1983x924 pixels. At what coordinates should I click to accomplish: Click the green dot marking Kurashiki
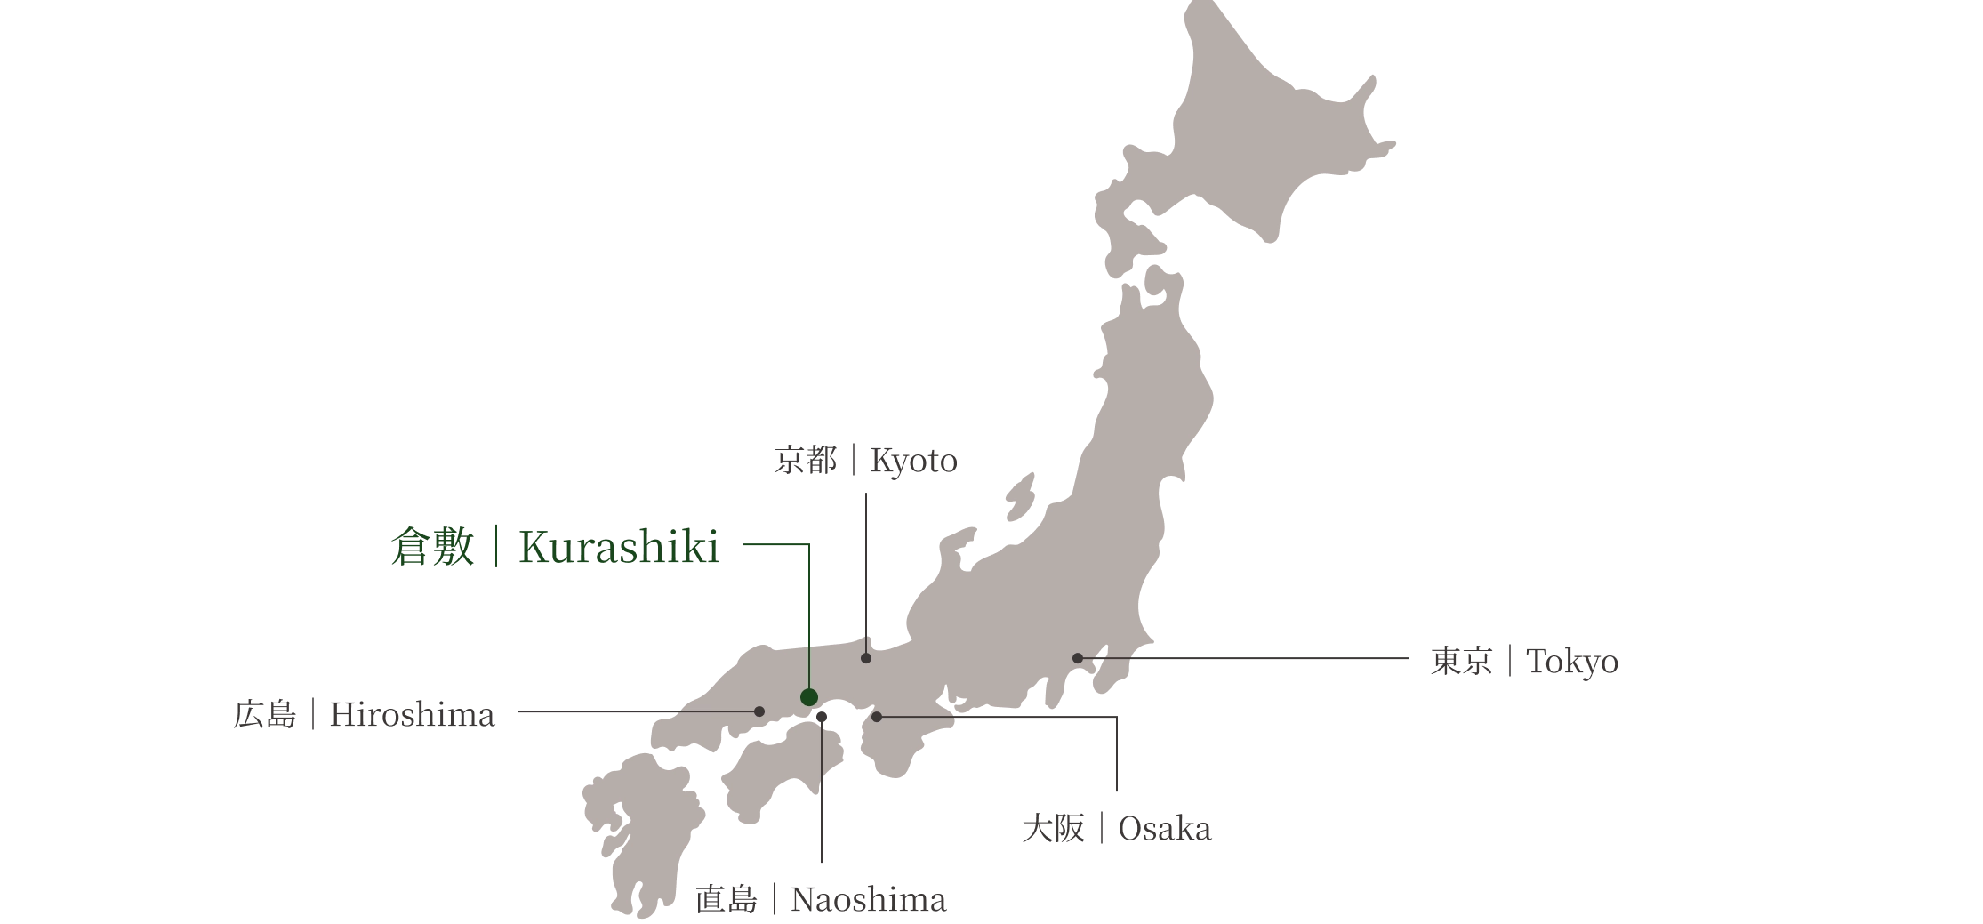pos(808,697)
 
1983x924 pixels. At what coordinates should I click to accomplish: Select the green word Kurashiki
pos(619,550)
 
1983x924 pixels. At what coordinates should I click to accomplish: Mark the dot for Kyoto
pos(866,658)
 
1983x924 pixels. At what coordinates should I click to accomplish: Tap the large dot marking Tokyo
pos(1078,658)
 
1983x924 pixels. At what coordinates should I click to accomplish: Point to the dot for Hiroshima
pos(759,711)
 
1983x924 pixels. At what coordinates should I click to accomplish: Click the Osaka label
pos(1116,832)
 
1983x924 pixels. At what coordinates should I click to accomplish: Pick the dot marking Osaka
pos(877,717)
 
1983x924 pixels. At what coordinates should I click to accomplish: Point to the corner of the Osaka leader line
pos(1121,714)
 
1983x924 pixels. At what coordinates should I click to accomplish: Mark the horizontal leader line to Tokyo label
pos(1263,658)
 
